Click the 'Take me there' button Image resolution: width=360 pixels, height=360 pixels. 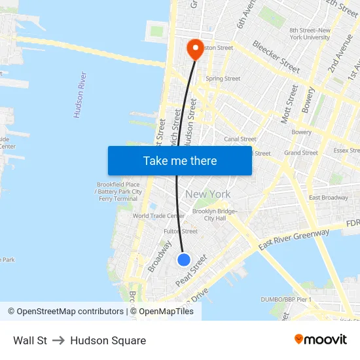pyautogui.click(x=180, y=160)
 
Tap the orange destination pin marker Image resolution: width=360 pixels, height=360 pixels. pyautogui.click(x=195, y=48)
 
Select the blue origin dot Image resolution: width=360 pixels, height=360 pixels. pyautogui.click(x=184, y=260)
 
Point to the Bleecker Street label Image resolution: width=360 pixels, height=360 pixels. pyautogui.click(x=276, y=58)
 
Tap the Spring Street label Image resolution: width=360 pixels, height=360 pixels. pyautogui.click(x=223, y=79)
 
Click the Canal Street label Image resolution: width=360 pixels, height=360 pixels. pyautogui.click(x=240, y=139)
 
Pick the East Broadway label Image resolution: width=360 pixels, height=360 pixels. pyautogui.click(x=329, y=198)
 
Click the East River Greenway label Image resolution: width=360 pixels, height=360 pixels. pyautogui.click(x=294, y=240)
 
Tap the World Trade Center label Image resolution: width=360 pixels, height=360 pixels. pyautogui.click(x=158, y=216)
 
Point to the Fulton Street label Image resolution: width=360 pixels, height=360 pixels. pyautogui.click(x=180, y=231)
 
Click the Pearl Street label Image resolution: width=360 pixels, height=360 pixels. pyautogui.click(x=191, y=270)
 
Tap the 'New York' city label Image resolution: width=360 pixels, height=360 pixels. pyautogui.click(x=207, y=194)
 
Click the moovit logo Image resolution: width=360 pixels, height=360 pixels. pyautogui.click(x=321, y=340)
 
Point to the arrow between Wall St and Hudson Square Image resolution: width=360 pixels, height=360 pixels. pyautogui.click(x=58, y=340)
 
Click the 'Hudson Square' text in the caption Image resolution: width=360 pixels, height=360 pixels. pyautogui.click(x=108, y=340)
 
